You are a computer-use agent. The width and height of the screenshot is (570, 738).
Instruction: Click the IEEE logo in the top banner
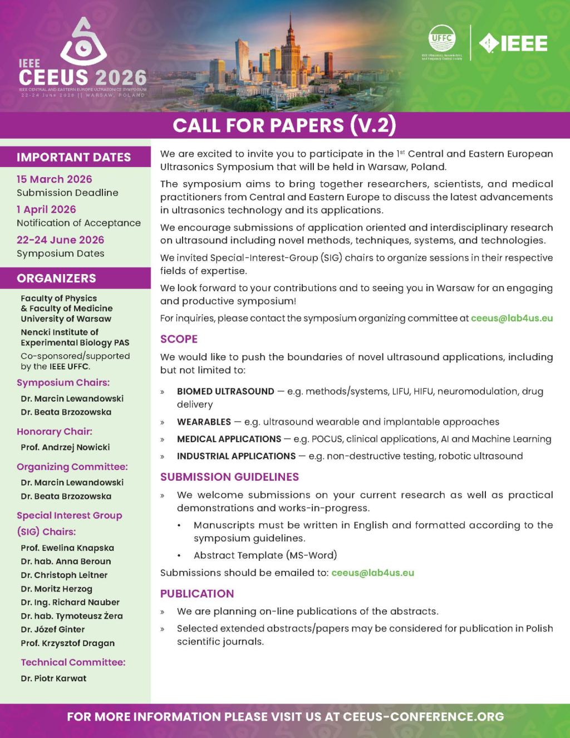coord(513,43)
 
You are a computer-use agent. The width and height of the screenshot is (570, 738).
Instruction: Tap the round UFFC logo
coord(442,38)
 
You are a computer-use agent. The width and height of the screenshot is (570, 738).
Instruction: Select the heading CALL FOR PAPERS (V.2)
coord(284,125)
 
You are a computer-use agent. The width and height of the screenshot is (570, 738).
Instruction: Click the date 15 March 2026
coord(54,179)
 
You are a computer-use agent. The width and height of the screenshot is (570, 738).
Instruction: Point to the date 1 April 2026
coord(46,209)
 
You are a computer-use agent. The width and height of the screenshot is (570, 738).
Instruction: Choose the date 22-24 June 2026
coord(60,240)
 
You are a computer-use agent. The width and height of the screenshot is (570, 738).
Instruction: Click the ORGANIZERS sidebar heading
coord(56,278)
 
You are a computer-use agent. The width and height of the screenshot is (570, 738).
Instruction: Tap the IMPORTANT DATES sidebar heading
coord(73,157)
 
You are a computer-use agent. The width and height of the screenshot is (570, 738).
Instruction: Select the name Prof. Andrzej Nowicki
coord(65,447)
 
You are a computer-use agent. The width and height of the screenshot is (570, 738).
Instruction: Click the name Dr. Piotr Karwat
coord(53,678)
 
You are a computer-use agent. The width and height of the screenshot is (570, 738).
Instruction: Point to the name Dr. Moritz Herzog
coord(56,589)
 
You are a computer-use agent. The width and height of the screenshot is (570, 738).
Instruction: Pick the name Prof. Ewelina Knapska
coord(67,548)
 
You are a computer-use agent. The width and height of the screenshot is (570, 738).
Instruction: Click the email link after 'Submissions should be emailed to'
coord(372,573)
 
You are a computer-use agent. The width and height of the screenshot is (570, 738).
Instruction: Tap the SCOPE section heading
coord(179,339)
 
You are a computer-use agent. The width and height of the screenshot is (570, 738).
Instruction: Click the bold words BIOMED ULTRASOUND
coord(225,392)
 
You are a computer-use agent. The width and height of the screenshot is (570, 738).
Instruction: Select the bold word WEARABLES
coord(204,422)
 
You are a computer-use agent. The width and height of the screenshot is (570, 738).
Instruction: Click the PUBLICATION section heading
coord(197,594)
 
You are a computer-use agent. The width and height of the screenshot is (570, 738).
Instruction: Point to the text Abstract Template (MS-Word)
coord(265,555)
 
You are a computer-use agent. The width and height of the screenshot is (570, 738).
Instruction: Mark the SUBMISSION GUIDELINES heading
coord(229,477)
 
